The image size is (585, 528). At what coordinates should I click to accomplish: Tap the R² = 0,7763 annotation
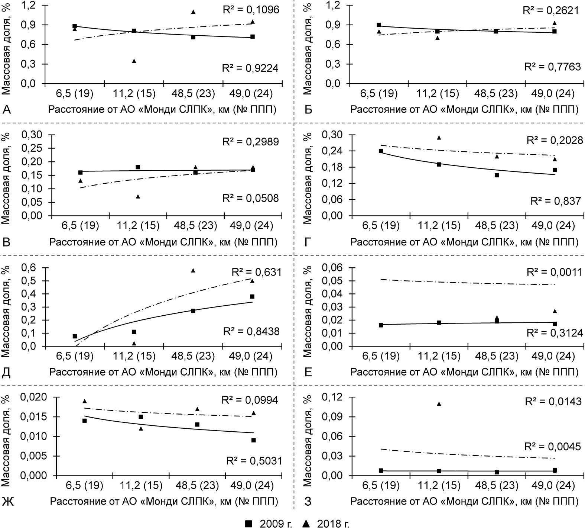click(552, 67)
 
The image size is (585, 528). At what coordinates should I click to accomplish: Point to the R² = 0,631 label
click(256, 272)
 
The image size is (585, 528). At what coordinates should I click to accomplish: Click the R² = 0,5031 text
click(254, 461)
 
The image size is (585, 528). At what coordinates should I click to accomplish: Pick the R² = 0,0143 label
click(553, 402)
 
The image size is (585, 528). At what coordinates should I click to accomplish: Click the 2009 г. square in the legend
click(249, 524)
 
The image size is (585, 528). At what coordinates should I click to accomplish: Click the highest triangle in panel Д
click(193, 270)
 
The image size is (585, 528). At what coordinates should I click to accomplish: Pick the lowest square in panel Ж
click(253, 440)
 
